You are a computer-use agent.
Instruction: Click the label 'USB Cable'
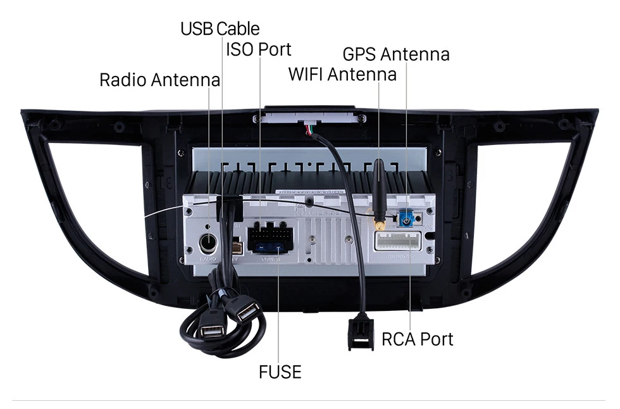click(220, 28)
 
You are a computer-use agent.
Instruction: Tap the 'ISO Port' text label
click(259, 49)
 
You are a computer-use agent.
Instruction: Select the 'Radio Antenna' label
click(159, 80)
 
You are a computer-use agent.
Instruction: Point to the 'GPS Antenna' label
click(396, 54)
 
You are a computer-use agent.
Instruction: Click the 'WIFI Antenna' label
click(342, 74)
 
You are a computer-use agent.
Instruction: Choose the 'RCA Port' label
click(417, 339)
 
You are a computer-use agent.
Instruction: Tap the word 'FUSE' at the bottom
click(280, 372)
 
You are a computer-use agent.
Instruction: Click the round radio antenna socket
click(208, 243)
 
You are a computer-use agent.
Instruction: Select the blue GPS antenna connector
click(405, 220)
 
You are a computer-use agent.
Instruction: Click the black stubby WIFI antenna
click(378, 187)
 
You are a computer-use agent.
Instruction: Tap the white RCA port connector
click(398, 241)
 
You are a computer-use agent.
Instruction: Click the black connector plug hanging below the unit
click(360, 333)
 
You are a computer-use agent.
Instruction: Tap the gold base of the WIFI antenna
click(379, 223)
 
